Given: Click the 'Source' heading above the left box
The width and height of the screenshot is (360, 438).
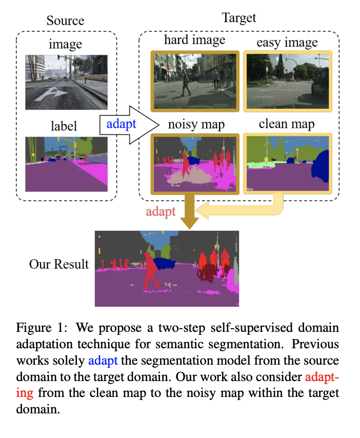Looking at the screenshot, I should (x=65, y=21).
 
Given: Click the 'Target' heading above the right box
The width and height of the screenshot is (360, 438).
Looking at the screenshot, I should (x=238, y=18).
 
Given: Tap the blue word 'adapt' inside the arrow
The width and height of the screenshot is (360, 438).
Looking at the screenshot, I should (x=121, y=124).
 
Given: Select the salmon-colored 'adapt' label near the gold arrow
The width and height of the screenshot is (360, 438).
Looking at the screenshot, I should (x=160, y=211).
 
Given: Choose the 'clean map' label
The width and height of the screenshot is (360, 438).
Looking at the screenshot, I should (x=287, y=124).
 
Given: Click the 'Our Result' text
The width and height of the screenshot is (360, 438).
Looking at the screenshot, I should (x=59, y=265).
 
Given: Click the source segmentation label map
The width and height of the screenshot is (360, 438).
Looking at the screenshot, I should (x=67, y=164).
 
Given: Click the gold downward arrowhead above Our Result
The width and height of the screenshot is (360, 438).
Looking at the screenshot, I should (x=190, y=222).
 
